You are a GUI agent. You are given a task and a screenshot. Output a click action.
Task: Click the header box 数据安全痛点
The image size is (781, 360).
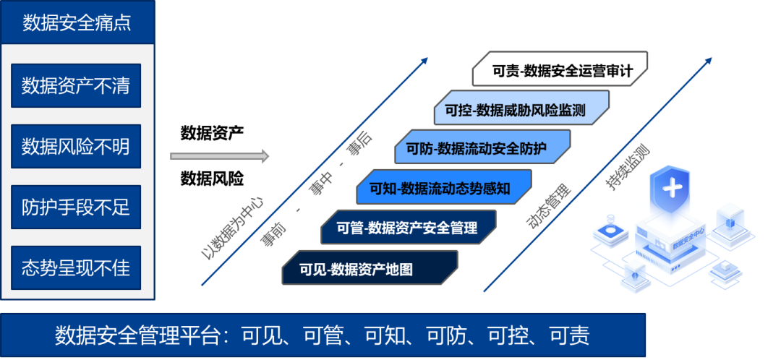tap(77, 22)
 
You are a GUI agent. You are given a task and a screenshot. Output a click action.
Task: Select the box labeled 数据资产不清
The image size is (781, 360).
tap(76, 85)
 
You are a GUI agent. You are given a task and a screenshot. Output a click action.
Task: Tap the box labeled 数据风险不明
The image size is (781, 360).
tap(76, 146)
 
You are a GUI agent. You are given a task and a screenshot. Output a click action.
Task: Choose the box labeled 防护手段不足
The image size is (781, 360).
tap(76, 207)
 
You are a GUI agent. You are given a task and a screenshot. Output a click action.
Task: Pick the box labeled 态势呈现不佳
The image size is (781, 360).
tap(76, 267)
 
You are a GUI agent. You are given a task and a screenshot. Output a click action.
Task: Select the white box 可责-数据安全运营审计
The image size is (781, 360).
tap(561, 71)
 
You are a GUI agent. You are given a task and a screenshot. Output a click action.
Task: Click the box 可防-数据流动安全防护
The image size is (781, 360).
tap(483, 150)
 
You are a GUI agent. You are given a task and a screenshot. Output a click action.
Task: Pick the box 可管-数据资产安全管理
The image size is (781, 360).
tap(409, 228)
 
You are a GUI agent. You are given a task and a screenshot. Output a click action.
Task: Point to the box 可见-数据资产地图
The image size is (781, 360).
tap(370, 269)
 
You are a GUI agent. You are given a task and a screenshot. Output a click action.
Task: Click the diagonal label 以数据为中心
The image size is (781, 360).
tap(231, 225)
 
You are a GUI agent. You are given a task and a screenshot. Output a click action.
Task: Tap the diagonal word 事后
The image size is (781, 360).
tap(359, 145)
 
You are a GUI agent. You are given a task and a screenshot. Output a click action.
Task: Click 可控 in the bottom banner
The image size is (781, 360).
tap(505, 335)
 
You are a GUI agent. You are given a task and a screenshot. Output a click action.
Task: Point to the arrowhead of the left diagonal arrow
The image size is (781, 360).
tap(426, 60)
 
